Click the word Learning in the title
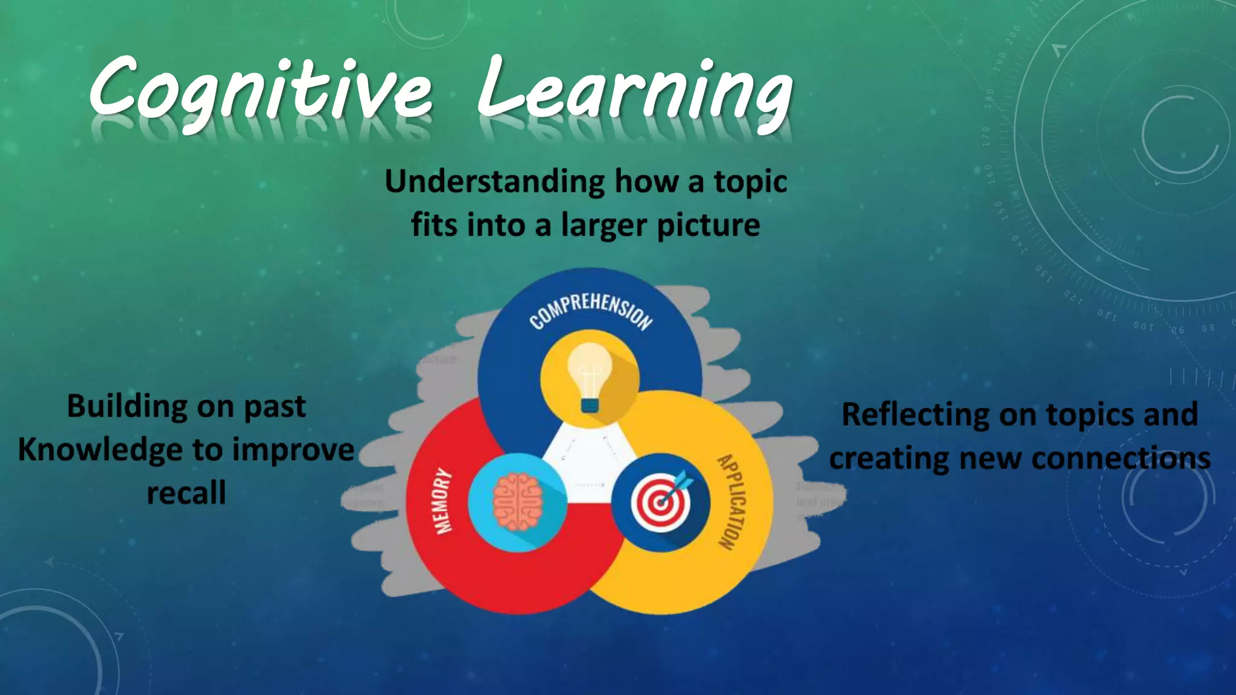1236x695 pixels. point(634,90)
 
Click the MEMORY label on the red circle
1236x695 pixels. point(444,501)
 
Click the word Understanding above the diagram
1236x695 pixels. point(495,182)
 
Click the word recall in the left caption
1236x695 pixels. point(186,493)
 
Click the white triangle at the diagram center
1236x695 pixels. point(588,459)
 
